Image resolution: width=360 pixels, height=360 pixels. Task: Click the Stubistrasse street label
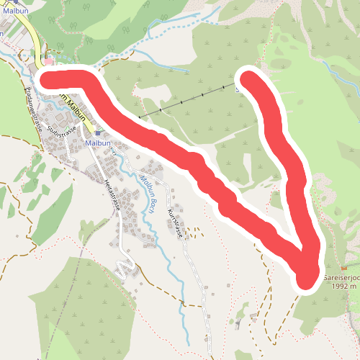click(61, 131)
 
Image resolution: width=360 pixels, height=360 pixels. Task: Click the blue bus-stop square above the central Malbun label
click(97, 133)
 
